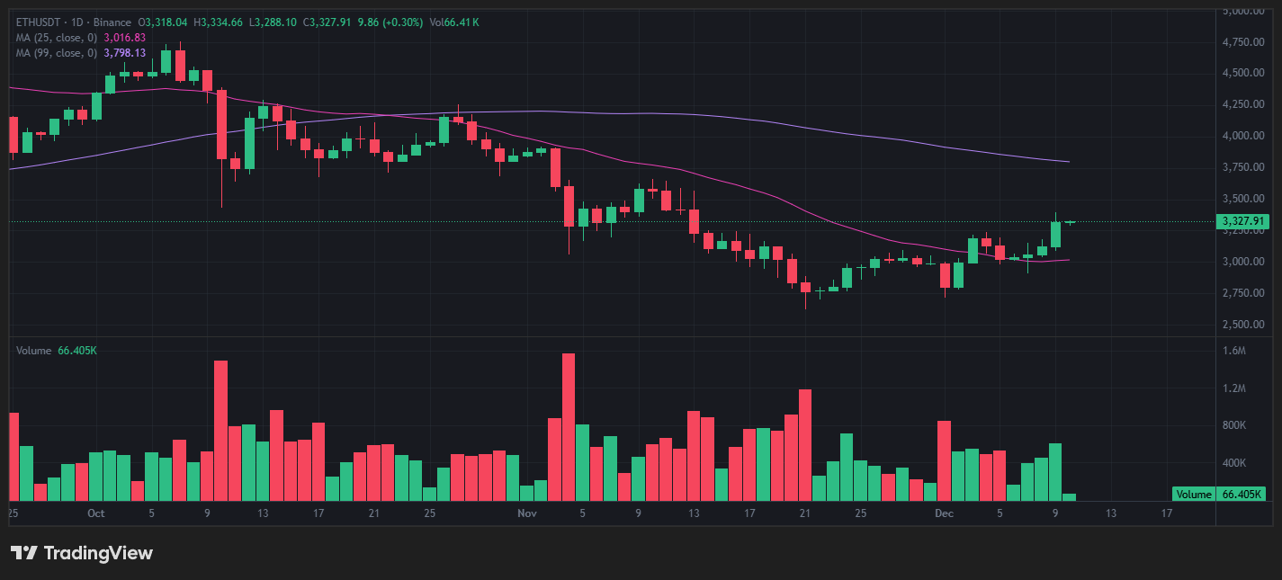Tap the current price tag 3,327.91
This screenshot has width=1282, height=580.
click(x=1242, y=221)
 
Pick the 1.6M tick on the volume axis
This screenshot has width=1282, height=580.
click(x=1234, y=351)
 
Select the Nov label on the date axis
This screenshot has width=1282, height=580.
click(x=528, y=513)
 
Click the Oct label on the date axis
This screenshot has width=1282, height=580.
click(x=96, y=513)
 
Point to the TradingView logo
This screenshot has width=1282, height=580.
click(x=82, y=553)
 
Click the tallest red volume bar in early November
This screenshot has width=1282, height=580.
click(x=569, y=427)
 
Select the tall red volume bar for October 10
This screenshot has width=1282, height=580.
click(x=221, y=430)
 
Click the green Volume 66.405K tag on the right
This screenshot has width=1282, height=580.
click(x=1219, y=494)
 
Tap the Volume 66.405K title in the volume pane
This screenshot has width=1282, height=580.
click(x=56, y=350)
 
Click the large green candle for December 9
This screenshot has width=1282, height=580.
click(x=1055, y=234)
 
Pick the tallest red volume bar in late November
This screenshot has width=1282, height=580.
click(x=805, y=444)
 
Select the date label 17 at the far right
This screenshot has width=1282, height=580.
click(x=1167, y=513)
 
